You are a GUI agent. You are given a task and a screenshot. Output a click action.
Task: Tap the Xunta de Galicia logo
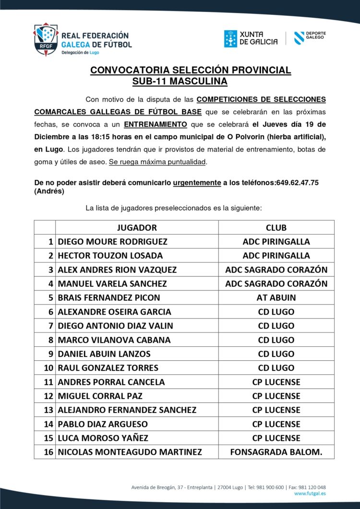[251, 38]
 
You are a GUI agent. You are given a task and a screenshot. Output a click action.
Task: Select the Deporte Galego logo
[310, 38]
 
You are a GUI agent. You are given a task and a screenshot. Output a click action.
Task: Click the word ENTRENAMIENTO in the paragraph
[156, 124]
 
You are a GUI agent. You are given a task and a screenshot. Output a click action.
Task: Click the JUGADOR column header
[137, 227]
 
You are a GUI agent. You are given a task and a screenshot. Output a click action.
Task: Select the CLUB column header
[276, 227]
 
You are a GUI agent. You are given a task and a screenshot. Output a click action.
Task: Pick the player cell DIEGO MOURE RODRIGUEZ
[112, 241]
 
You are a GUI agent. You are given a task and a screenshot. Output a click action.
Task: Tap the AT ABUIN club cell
[276, 297]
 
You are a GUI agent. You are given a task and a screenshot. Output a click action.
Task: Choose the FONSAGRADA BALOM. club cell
[276, 452]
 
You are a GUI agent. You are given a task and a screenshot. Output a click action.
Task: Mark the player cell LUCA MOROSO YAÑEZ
[103, 438]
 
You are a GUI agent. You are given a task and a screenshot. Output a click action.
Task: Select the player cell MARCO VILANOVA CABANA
[114, 340]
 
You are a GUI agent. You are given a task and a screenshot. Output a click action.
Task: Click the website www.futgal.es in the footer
[310, 493]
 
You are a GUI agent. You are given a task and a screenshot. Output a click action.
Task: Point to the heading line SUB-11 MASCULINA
[180, 82]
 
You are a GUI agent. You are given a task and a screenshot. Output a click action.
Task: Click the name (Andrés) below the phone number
[49, 191]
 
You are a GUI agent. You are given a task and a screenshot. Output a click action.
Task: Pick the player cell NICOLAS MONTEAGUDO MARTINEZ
[130, 452]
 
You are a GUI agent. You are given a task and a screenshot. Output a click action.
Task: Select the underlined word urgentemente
[196, 183]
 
